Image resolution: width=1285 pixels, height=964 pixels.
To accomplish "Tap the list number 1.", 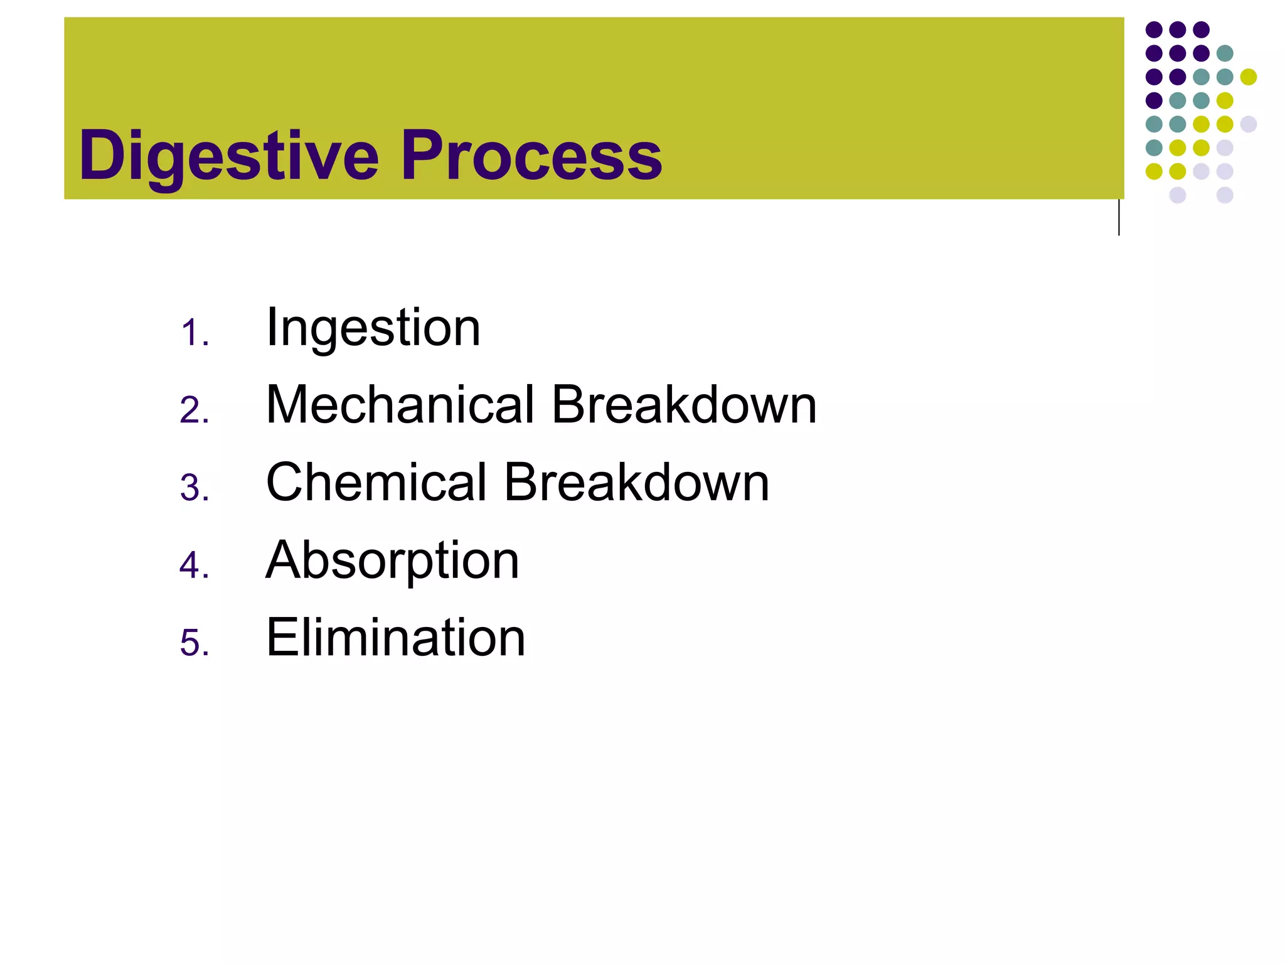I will pyautogui.click(x=194, y=333).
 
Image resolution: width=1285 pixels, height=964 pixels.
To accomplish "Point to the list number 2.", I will pyautogui.click(x=194, y=410).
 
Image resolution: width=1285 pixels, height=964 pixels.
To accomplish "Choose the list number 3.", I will pyautogui.click(x=194, y=488).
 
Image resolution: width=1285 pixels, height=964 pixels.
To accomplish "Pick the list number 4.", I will pyautogui.click(x=194, y=565).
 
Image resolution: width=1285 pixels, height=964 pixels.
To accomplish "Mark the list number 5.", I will pyautogui.click(x=194, y=643).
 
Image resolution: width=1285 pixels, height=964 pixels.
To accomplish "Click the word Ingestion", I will pyautogui.click(x=373, y=328).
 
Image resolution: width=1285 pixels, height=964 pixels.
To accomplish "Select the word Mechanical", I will pyautogui.click(x=400, y=405).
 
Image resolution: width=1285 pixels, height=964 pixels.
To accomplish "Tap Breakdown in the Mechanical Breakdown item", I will pyautogui.click(x=684, y=405).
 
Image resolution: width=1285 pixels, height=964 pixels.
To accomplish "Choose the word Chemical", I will pyautogui.click(x=376, y=483).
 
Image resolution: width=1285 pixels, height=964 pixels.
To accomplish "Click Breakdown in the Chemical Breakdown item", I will pyautogui.click(x=636, y=483).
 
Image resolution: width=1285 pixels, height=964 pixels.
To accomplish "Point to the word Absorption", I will pyautogui.click(x=392, y=560).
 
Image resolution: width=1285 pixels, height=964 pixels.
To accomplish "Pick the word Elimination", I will pyautogui.click(x=395, y=638).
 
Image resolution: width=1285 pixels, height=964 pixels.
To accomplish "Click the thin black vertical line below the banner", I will pyautogui.click(x=1119, y=217).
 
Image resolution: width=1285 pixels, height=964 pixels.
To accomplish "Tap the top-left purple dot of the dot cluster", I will pyautogui.click(x=1154, y=29).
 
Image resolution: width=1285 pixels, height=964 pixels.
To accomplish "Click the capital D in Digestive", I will pyautogui.click(x=103, y=154).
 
